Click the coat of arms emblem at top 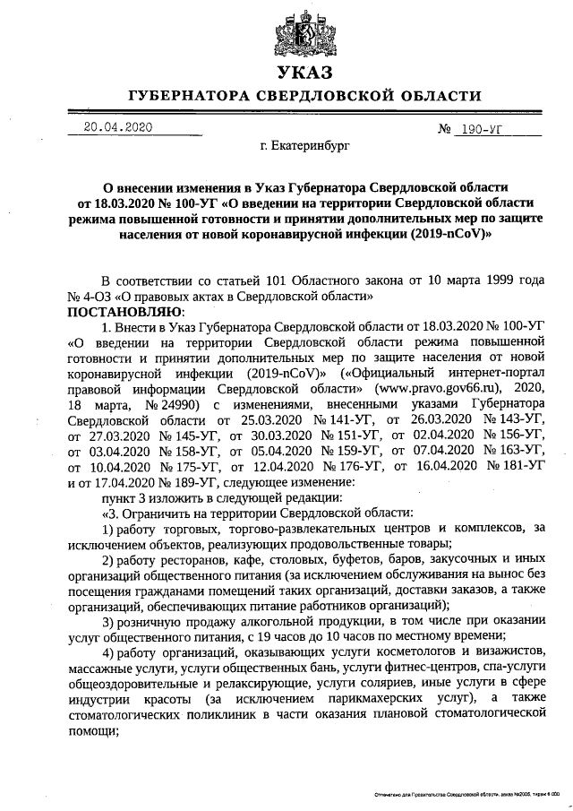click(x=304, y=31)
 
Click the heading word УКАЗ click(x=304, y=73)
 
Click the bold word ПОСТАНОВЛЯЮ click(x=124, y=311)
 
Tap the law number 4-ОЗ click(x=100, y=295)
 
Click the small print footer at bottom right click(x=466, y=795)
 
